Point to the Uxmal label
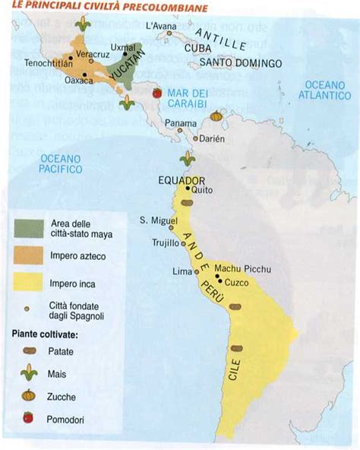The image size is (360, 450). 122,46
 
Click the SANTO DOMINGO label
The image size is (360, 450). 242,64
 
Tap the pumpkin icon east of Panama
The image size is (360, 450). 216,116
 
